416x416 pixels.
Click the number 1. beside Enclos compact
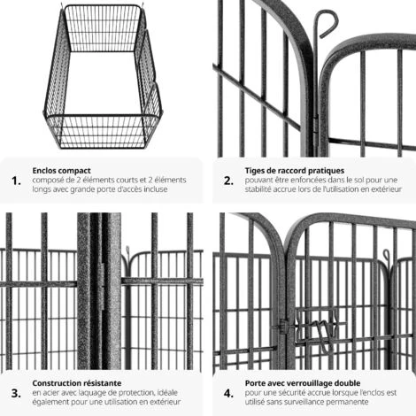pyautogui.click(x=16, y=181)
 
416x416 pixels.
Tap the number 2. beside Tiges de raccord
pyautogui.click(x=228, y=181)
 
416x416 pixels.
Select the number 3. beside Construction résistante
pyautogui.click(x=16, y=393)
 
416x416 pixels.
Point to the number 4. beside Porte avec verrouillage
pyautogui.click(x=228, y=393)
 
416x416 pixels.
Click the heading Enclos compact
pyautogui.click(x=61, y=171)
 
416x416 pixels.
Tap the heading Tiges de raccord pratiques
pyautogui.click(x=295, y=171)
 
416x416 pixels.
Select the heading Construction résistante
pyautogui.click(x=77, y=383)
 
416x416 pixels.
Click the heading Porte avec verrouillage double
pyautogui.click(x=303, y=383)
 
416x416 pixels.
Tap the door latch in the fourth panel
pyautogui.click(x=320, y=329)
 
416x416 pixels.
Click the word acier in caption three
pyautogui.click(x=50, y=393)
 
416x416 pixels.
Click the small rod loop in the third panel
pyautogui.click(x=127, y=250)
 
